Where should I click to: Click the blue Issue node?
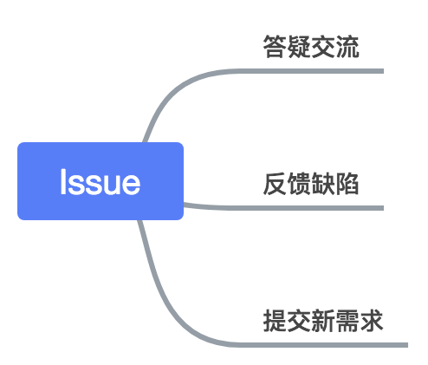pos(101,181)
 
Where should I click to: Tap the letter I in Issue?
pos(63,181)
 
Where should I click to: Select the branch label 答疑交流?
pos(311,47)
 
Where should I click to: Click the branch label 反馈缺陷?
pos(311,184)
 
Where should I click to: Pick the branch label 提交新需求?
pos(323,321)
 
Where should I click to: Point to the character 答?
pos(275,47)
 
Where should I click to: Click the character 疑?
pos(299,47)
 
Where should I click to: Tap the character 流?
pos(347,47)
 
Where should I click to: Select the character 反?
pos(275,184)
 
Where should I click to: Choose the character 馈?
pos(299,184)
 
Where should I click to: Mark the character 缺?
pos(323,184)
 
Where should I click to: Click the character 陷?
pos(347,184)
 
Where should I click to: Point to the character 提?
pos(275,321)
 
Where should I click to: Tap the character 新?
pos(323,321)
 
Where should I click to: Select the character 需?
pos(347,321)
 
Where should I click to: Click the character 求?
pos(372,321)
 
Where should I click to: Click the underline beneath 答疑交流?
pos(309,71)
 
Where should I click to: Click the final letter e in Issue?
pos(131,185)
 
